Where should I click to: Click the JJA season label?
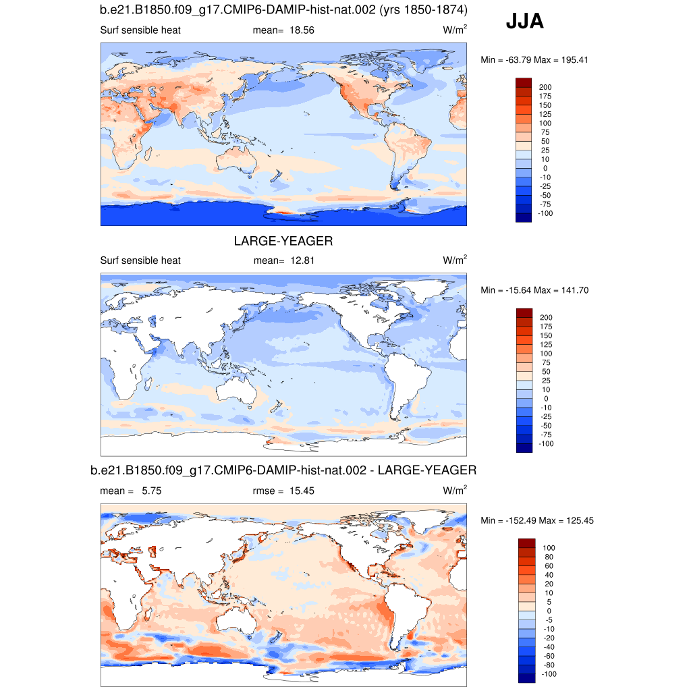(x=524, y=22)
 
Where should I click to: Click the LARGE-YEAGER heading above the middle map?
(x=283, y=241)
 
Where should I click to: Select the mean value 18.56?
(x=302, y=30)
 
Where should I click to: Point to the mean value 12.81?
(x=302, y=260)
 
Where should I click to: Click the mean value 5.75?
(x=151, y=491)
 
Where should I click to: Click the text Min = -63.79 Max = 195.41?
(x=534, y=60)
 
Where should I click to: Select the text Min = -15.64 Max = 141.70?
(x=534, y=290)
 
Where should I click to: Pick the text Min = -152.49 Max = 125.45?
(x=536, y=520)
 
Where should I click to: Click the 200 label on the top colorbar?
(x=545, y=87)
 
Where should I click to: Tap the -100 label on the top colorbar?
(x=545, y=213)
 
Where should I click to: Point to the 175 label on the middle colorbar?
(x=545, y=327)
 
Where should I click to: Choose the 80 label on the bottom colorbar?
(x=549, y=557)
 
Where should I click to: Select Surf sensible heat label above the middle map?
(x=140, y=260)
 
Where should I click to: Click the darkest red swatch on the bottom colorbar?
(x=526, y=543)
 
